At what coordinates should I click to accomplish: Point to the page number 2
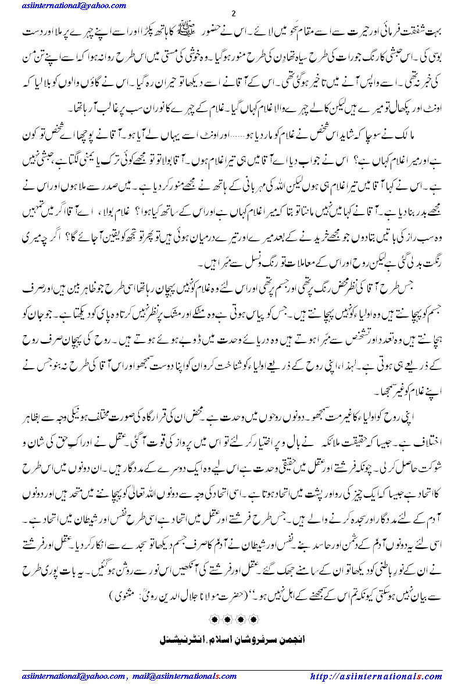tap(233, 13)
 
